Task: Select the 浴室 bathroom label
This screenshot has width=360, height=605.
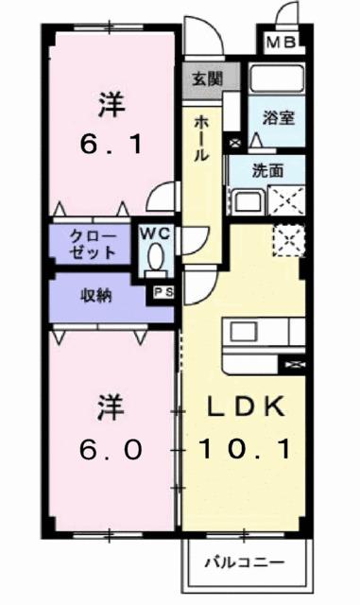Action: [279, 118]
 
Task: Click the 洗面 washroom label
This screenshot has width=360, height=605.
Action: [267, 171]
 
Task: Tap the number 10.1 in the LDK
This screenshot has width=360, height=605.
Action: [245, 449]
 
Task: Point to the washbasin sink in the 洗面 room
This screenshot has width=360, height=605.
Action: [249, 200]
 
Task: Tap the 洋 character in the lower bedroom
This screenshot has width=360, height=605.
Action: [111, 407]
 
